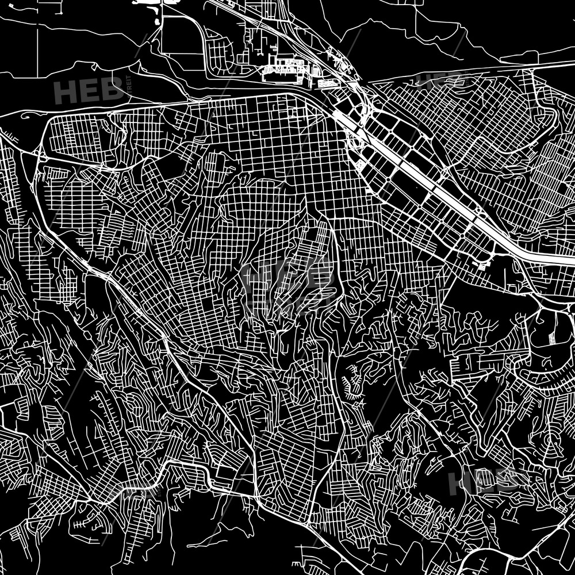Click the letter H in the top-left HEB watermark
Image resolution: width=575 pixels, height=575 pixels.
pos(67,91)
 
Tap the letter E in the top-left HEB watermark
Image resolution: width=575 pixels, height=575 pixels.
pos(90,91)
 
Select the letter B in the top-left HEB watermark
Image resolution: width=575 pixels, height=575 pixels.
pos(112,91)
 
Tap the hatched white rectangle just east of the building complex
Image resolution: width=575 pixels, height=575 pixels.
pos(327,84)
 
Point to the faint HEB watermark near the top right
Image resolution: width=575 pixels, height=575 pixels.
pos(437,80)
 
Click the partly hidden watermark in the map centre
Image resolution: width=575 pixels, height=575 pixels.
pos(287,276)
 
